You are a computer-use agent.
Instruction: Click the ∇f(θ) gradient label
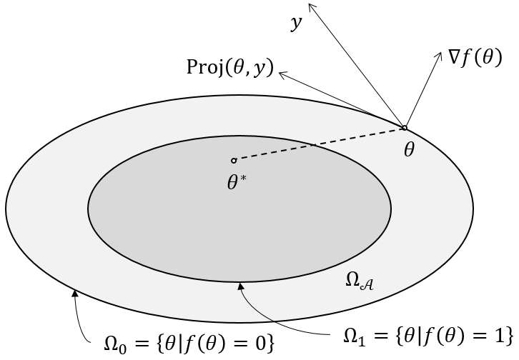(475, 60)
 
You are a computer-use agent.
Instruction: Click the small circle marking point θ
(404, 128)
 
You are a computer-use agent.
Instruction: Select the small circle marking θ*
(234, 160)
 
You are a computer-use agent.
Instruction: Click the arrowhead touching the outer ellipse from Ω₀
(74, 291)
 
